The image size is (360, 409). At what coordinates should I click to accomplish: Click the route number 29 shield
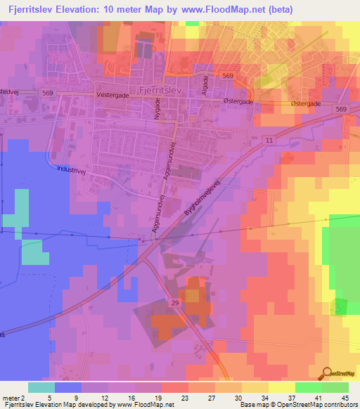pos(175,301)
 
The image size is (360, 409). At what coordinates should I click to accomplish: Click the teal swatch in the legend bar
pos(41,387)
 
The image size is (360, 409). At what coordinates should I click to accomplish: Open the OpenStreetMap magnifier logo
pos(327,373)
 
